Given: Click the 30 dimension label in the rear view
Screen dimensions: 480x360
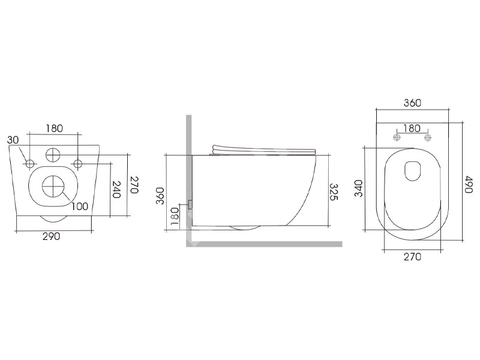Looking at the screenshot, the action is click(x=13, y=140).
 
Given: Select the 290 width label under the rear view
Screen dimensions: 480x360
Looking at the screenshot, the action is click(x=51, y=236).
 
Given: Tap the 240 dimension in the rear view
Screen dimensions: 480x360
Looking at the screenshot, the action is click(x=116, y=190).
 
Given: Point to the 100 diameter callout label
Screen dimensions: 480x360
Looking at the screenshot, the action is click(x=80, y=206).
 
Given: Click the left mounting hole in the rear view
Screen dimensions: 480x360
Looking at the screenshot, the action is click(x=29, y=164).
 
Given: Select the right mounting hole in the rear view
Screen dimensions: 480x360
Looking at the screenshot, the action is click(x=78, y=164).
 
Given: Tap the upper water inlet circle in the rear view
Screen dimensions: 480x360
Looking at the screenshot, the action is click(x=53, y=155).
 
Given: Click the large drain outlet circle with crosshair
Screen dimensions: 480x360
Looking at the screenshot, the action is click(x=53, y=187).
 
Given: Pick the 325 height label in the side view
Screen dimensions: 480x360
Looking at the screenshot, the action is click(x=334, y=192).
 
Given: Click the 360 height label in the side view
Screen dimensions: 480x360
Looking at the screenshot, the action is click(x=160, y=196).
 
